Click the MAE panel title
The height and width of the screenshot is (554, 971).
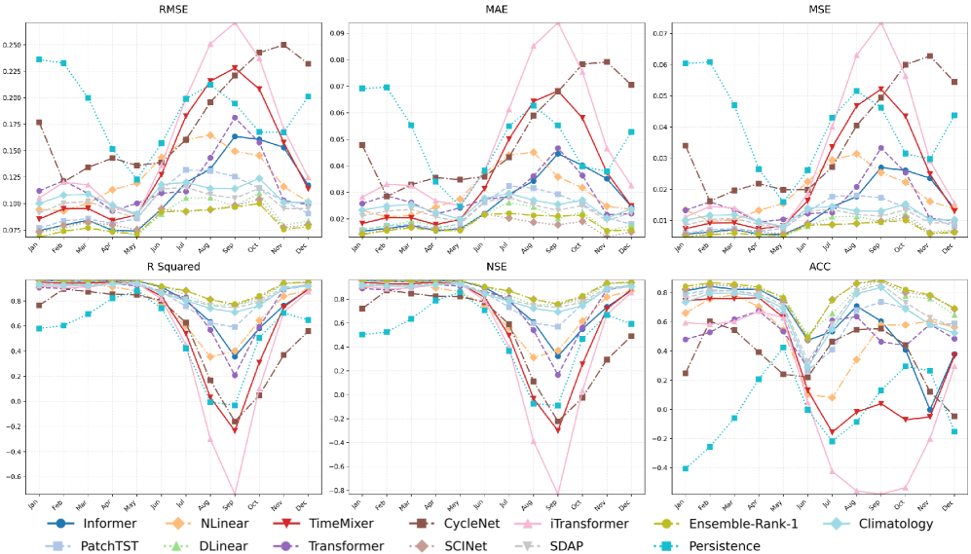496,9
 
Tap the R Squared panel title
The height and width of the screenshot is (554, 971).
174,265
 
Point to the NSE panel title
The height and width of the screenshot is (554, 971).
496,265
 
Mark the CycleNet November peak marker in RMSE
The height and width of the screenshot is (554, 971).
283,45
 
